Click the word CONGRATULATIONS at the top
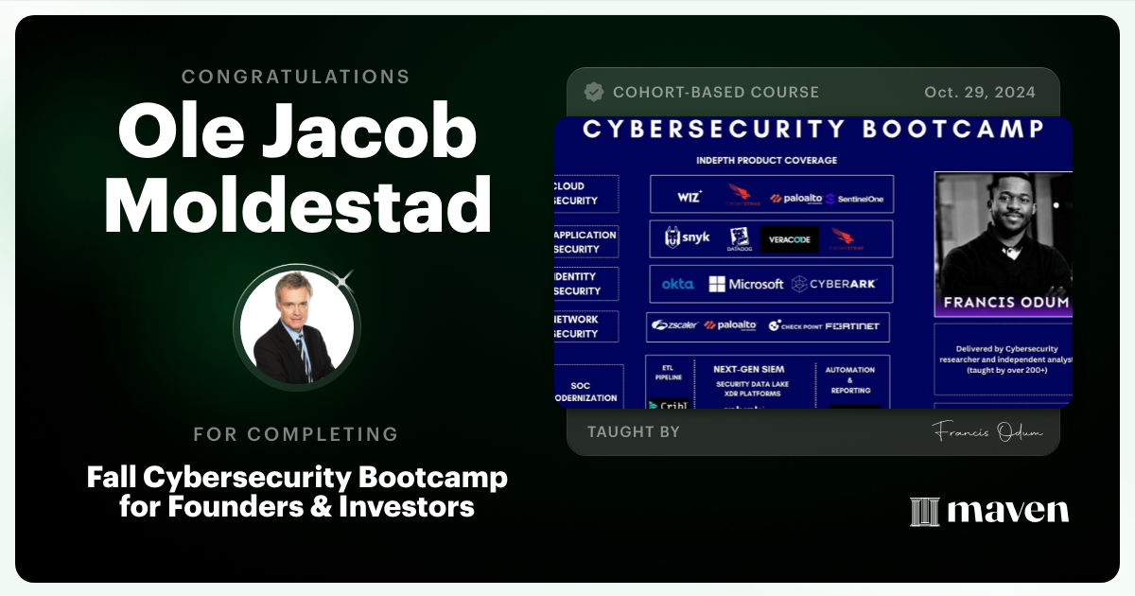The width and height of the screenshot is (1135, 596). pyautogui.click(x=296, y=77)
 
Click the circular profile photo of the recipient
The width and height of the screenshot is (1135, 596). pyautogui.click(x=297, y=327)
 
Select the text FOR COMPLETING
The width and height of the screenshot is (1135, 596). pyautogui.click(x=296, y=434)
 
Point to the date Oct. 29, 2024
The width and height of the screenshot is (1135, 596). pyautogui.click(x=979, y=93)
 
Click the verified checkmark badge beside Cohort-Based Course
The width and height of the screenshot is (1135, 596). pyautogui.click(x=594, y=92)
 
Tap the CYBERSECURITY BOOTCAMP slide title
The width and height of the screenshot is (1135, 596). pyautogui.click(x=812, y=130)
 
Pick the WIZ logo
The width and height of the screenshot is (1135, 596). pyautogui.click(x=690, y=197)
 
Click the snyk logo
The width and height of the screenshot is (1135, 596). pyautogui.click(x=688, y=238)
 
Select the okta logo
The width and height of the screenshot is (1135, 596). pyautogui.click(x=677, y=284)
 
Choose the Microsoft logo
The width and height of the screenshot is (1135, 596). pyautogui.click(x=746, y=284)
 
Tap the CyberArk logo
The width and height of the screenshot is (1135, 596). pyautogui.click(x=834, y=284)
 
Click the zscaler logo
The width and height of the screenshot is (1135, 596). pyautogui.click(x=674, y=325)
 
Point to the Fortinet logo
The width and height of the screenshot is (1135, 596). pyautogui.click(x=851, y=326)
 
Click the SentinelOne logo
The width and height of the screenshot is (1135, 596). pyautogui.click(x=856, y=199)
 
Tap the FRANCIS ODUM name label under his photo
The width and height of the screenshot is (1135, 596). pyautogui.click(x=1003, y=303)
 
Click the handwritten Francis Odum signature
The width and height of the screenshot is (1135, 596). pyautogui.click(x=987, y=431)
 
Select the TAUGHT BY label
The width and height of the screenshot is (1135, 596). pyautogui.click(x=633, y=432)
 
